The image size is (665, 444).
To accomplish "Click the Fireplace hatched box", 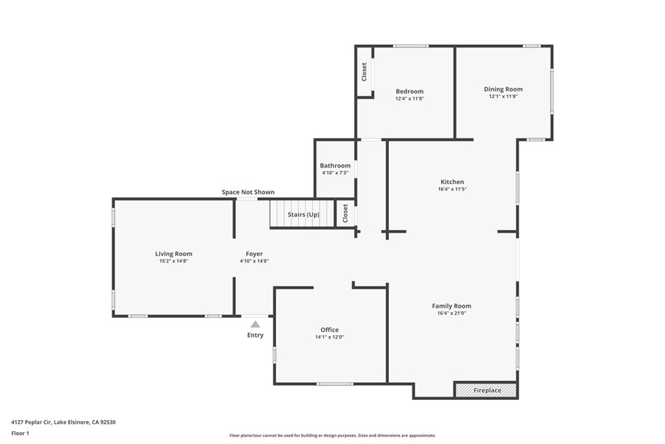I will [x=486, y=390].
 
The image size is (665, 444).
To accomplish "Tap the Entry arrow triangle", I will [x=255, y=324].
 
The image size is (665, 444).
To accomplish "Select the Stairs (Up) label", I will [x=303, y=215].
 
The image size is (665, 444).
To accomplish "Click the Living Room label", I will [x=173, y=254].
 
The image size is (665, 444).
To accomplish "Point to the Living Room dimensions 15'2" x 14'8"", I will [x=173, y=261].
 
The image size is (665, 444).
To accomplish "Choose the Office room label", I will [x=329, y=330].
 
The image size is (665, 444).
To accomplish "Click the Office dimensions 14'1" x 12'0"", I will [x=329, y=337].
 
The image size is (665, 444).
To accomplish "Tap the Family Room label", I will [x=451, y=306].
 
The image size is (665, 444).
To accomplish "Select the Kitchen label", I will [x=452, y=182].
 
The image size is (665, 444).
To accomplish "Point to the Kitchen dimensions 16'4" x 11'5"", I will [x=452, y=190].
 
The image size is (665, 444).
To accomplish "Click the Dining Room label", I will [x=503, y=89].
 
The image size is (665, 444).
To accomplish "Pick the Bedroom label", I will [x=409, y=92].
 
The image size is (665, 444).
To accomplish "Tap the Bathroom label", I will [x=335, y=166].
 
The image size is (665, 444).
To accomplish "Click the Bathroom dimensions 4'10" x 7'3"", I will [x=335, y=173].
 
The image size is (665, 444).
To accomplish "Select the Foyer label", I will [x=254, y=254].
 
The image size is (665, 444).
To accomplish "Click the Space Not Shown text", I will [x=248, y=192].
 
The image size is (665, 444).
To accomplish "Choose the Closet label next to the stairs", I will [x=345, y=213].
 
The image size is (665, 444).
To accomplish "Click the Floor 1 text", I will [x=21, y=433].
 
